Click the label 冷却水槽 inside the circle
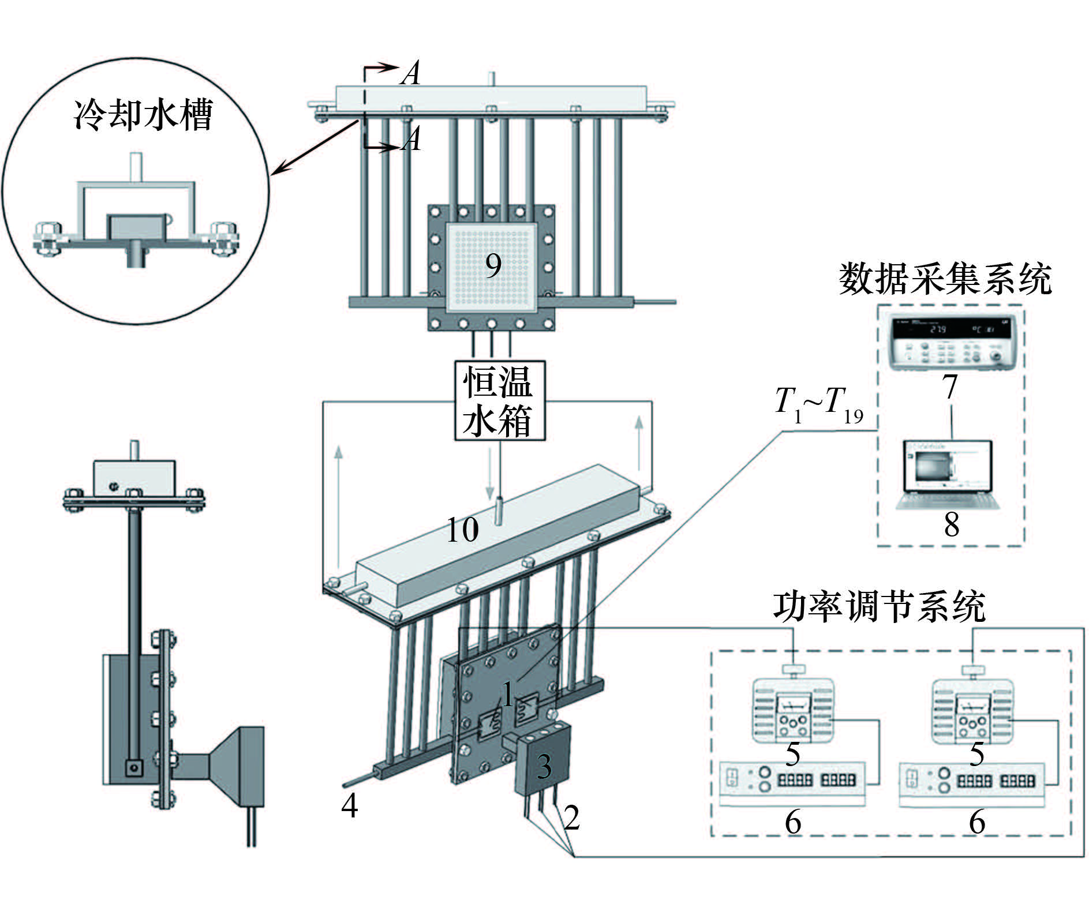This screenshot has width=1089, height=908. click(143, 115)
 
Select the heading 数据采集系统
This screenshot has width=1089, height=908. click(945, 279)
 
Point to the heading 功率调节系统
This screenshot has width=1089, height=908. click(879, 607)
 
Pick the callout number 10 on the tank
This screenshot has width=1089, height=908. click(463, 529)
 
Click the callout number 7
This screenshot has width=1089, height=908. click(950, 387)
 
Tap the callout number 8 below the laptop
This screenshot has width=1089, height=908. click(952, 524)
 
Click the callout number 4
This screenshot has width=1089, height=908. click(349, 805)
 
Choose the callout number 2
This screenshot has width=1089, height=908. click(571, 817)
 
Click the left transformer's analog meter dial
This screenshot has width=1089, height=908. click(793, 705)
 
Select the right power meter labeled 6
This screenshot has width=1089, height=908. click(972, 784)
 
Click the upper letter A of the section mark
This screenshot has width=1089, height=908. click(410, 74)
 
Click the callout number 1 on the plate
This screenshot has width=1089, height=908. click(507, 694)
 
